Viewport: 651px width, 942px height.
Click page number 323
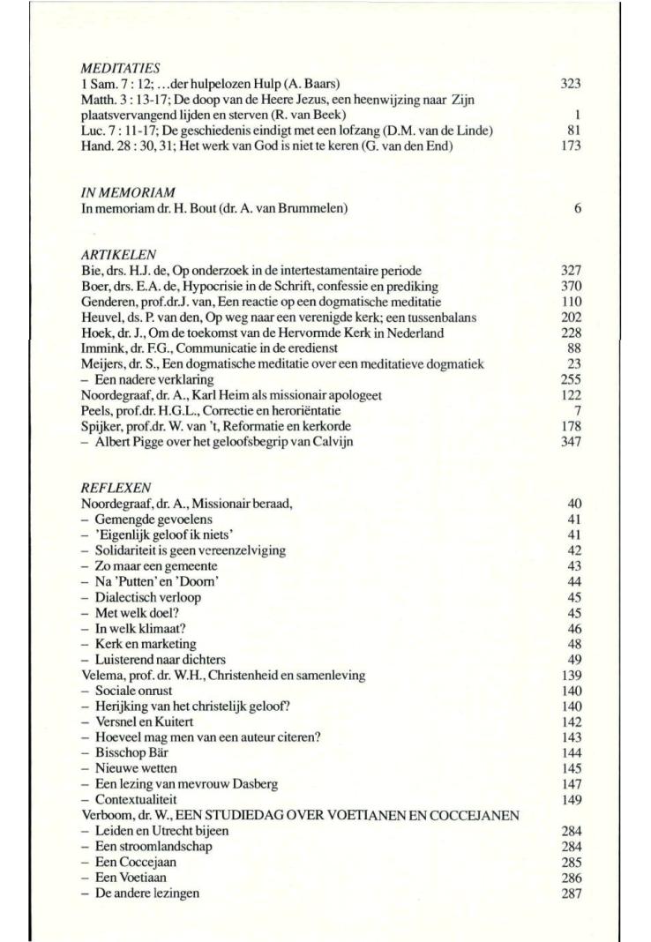(571, 84)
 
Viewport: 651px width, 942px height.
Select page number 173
(571, 146)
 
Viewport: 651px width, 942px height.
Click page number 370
(571, 287)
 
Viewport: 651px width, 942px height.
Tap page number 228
(571, 333)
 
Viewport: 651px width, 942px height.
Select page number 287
(571, 893)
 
